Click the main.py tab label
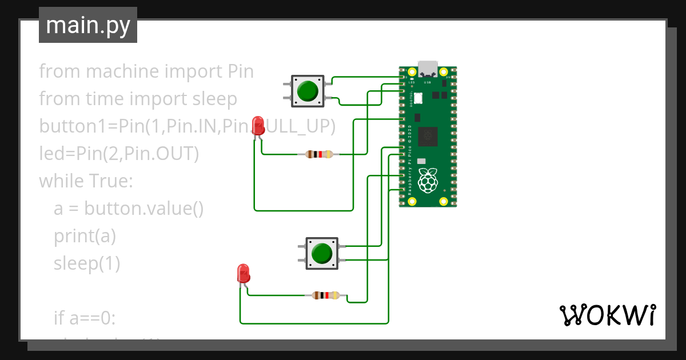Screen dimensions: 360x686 point(87,25)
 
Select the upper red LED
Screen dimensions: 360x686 point(258,125)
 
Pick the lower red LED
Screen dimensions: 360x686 point(244,273)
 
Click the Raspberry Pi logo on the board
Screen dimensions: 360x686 point(428,181)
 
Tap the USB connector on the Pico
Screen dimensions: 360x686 point(428,69)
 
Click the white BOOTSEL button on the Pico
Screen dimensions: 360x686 point(418,98)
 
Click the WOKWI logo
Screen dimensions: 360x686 point(607,315)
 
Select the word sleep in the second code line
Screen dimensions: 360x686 point(213,99)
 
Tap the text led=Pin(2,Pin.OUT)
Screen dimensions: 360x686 point(119,154)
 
